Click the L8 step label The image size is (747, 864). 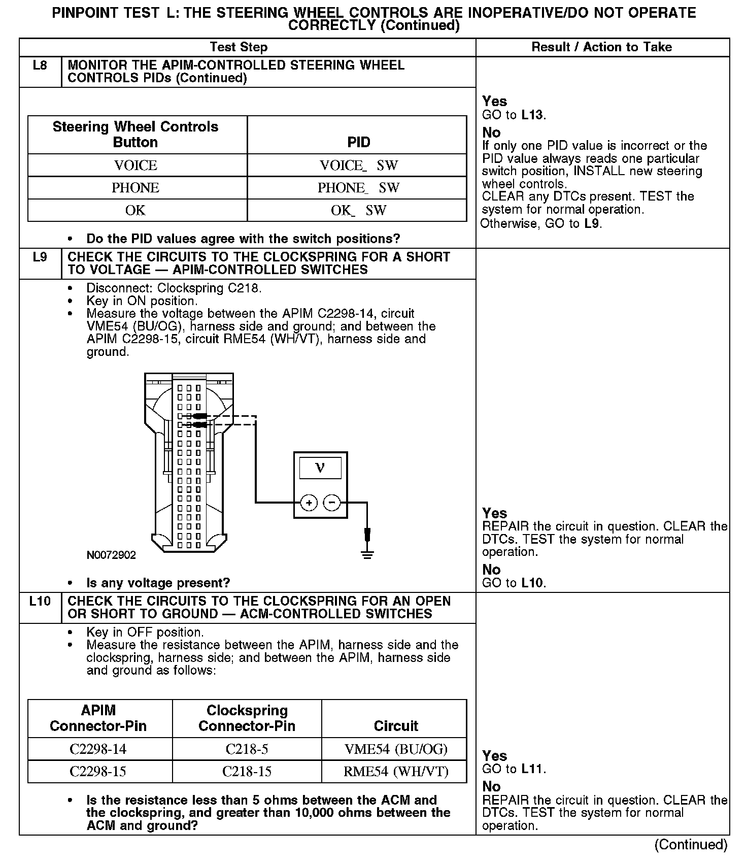click(x=40, y=65)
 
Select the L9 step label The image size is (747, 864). click(x=40, y=257)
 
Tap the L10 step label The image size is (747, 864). click(x=40, y=602)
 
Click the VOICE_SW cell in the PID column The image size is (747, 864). click(x=358, y=165)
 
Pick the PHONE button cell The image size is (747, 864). click(x=135, y=188)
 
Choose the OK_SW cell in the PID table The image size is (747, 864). click(x=358, y=210)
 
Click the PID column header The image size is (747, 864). click(x=358, y=142)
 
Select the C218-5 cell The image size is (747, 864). click(x=247, y=749)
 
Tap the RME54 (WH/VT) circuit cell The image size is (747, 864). click(x=396, y=772)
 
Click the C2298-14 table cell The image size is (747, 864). click(x=98, y=749)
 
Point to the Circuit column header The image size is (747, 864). click(x=396, y=726)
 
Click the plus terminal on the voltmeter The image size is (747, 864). click(x=309, y=503)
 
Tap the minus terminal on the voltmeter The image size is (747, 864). click(x=332, y=503)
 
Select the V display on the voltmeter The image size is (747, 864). click(x=320, y=468)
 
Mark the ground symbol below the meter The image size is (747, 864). click(x=367, y=553)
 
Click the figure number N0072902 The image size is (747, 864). click(x=111, y=555)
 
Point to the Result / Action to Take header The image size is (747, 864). click(x=601, y=47)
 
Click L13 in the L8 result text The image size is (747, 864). click(x=532, y=115)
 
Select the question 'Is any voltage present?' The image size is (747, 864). click(x=158, y=583)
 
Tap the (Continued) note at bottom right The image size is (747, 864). click(x=691, y=845)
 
